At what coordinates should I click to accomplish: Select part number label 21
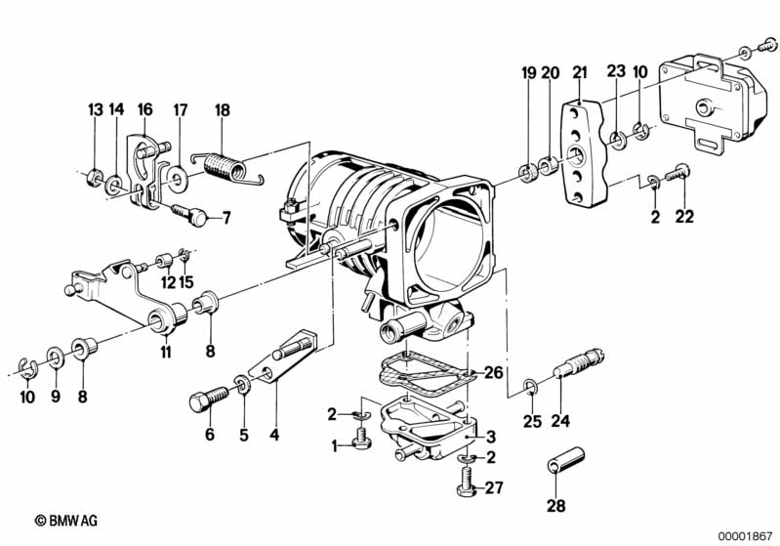click(580, 72)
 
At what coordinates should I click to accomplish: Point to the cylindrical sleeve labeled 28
click(566, 460)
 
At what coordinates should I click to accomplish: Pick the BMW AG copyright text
click(66, 521)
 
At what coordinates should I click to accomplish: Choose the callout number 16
click(144, 109)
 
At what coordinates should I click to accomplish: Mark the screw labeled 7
click(189, 214)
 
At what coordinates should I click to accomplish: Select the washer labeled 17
click(176, 176)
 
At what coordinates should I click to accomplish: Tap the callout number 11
click(166, 352)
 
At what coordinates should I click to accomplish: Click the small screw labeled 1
click(360, 438)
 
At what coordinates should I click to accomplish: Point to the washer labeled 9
click(55, 356)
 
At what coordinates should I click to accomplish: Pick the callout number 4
click(274, 435)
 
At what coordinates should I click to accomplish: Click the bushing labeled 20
click(549, 165)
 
